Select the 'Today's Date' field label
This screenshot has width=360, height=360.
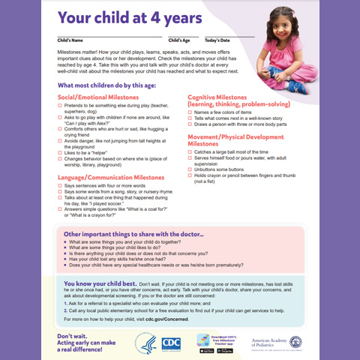click(x=217, y=39)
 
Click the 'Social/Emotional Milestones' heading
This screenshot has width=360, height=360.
click(x=102, y=97)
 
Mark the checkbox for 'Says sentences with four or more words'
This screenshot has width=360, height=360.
click(x=59, y=185)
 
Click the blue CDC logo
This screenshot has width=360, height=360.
click(x=171, y=342)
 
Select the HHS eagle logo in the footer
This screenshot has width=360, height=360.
click(x=145, y=342)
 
